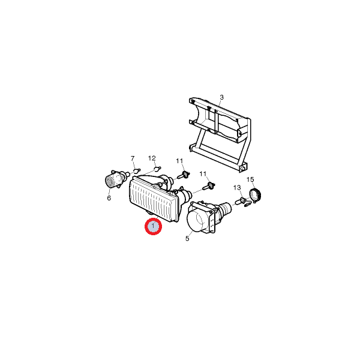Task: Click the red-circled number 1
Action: (x=153, y=226)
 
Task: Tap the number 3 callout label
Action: (x=221, y=97)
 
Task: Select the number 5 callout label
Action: (x=187, y=239)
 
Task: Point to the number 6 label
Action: (x=109, y=198)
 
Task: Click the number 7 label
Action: (x=133, y=158)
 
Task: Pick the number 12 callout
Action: (x=152, y=158)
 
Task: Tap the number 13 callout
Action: (x=237, y=188)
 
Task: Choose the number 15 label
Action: (x=250, y=179)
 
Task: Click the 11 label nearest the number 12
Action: (x=179, y=161)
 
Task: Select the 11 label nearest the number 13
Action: (x=203, y=174)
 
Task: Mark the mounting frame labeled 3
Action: (x=219, y=134)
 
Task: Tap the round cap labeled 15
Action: (x=255, y=195)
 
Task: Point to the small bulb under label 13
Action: (x=241, y=202)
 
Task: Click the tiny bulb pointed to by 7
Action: (x=137, y=170)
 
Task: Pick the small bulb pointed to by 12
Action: (x=157, y=169)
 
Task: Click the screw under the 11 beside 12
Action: (x=184, y=175)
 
